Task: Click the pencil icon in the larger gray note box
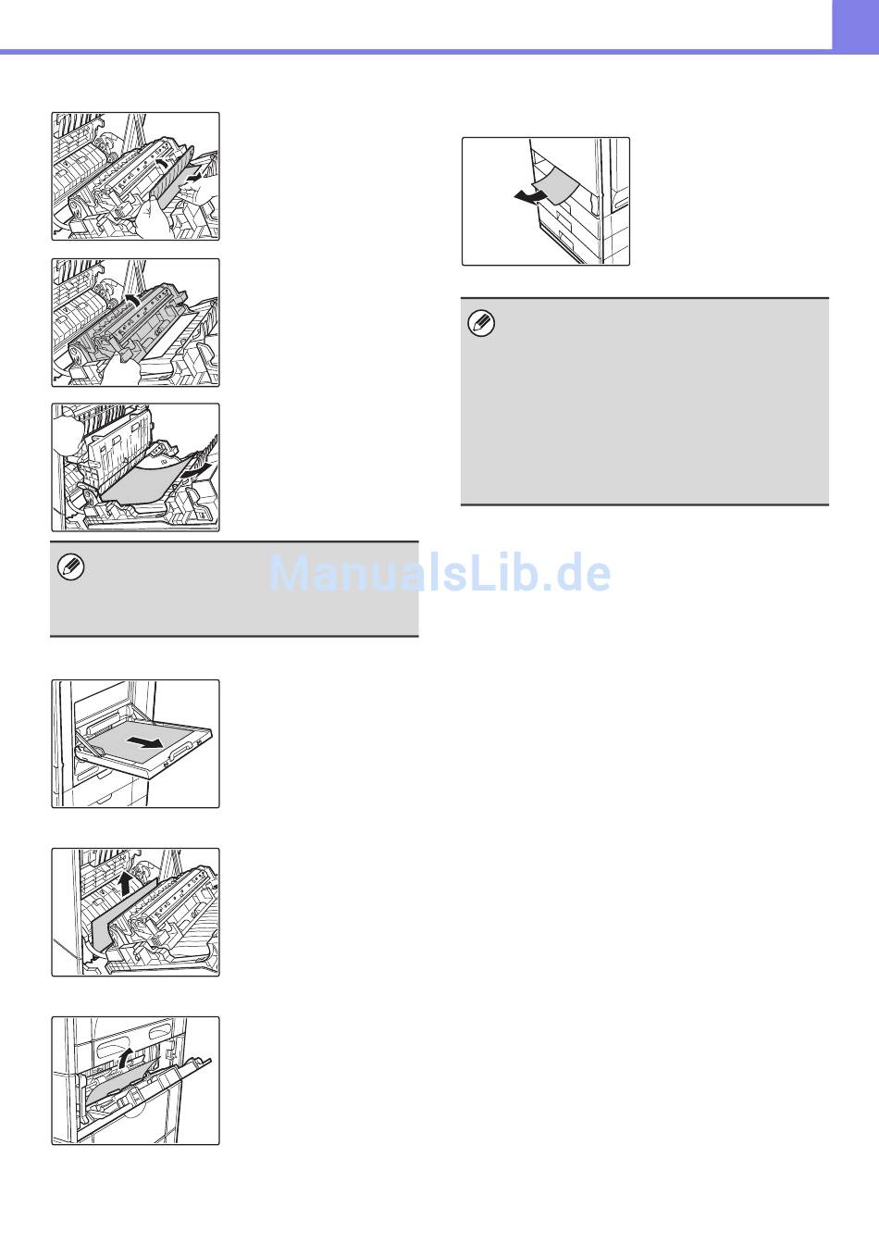(481, 324)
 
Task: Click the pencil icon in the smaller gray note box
(71, 567)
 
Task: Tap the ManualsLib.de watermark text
(439, 573)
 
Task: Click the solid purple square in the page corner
(855, 26)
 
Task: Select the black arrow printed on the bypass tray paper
(144, 741)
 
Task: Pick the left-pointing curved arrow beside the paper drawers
(528, 195)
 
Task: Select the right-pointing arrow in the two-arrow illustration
(193, 177)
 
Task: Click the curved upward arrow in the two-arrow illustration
(162, 163)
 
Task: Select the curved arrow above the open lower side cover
(126, 1057)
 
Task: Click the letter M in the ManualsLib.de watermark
(289, 573)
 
